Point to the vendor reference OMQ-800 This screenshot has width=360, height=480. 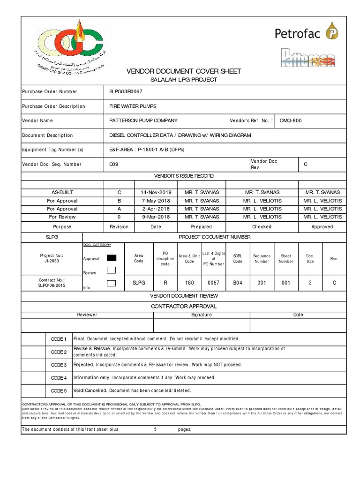(291, 120)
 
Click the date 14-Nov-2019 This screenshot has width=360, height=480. (156, 192)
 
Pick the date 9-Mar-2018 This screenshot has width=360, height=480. (156, 217)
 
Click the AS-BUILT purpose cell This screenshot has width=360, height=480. (62, 192)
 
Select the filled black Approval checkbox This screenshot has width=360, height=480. (112, 258)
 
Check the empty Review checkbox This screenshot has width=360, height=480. (112, 270)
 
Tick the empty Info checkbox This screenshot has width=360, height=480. (112, 283)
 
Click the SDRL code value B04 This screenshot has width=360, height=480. (238, 283)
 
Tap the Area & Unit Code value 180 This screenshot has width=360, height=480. (189, 283)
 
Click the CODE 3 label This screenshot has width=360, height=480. (59, 365)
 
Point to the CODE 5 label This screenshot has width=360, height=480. (59, 390)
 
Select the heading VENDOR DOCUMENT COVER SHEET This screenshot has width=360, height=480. (184, 71)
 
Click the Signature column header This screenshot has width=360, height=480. (202, 315)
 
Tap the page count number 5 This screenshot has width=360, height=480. (155, 429)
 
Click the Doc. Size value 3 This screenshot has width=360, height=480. (310, 283)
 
